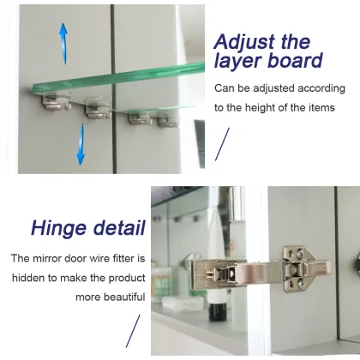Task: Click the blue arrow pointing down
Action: (80, 143)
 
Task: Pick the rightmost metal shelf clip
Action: (167, 117)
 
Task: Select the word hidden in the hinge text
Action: (32, 277)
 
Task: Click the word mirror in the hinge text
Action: (51, 258)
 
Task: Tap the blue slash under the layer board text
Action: (222, 143)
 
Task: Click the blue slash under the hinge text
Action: (133, 331)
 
